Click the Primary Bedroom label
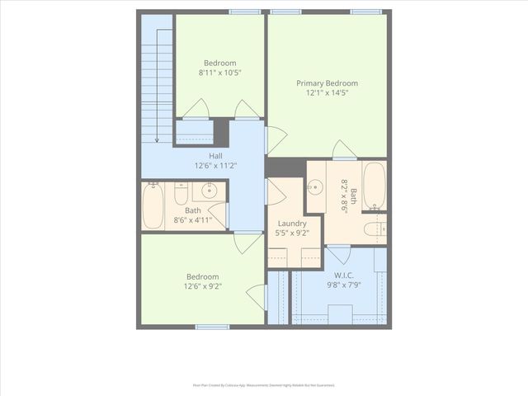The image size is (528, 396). point(328,83)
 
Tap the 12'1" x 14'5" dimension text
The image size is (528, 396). point(328,93)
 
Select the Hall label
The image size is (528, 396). point(215,156)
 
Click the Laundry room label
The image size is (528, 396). point(292,223)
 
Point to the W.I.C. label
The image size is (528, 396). point(345,275)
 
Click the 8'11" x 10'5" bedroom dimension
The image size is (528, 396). point(220,73)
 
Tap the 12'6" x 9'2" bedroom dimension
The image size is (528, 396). point(202,286)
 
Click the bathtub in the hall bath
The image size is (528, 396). point(153,206)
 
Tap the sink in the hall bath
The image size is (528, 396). point(209,191)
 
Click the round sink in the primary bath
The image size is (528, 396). point(315,187)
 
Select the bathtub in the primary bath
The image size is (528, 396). point(374,186)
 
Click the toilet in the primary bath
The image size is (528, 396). point(374,228)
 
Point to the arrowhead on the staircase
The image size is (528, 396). point(157,139)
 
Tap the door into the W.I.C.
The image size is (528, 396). point(339,253)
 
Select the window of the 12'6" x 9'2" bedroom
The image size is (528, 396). point(212,327)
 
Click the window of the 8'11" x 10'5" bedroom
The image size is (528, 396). point(244,12)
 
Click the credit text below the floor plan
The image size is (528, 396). point(263,384)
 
